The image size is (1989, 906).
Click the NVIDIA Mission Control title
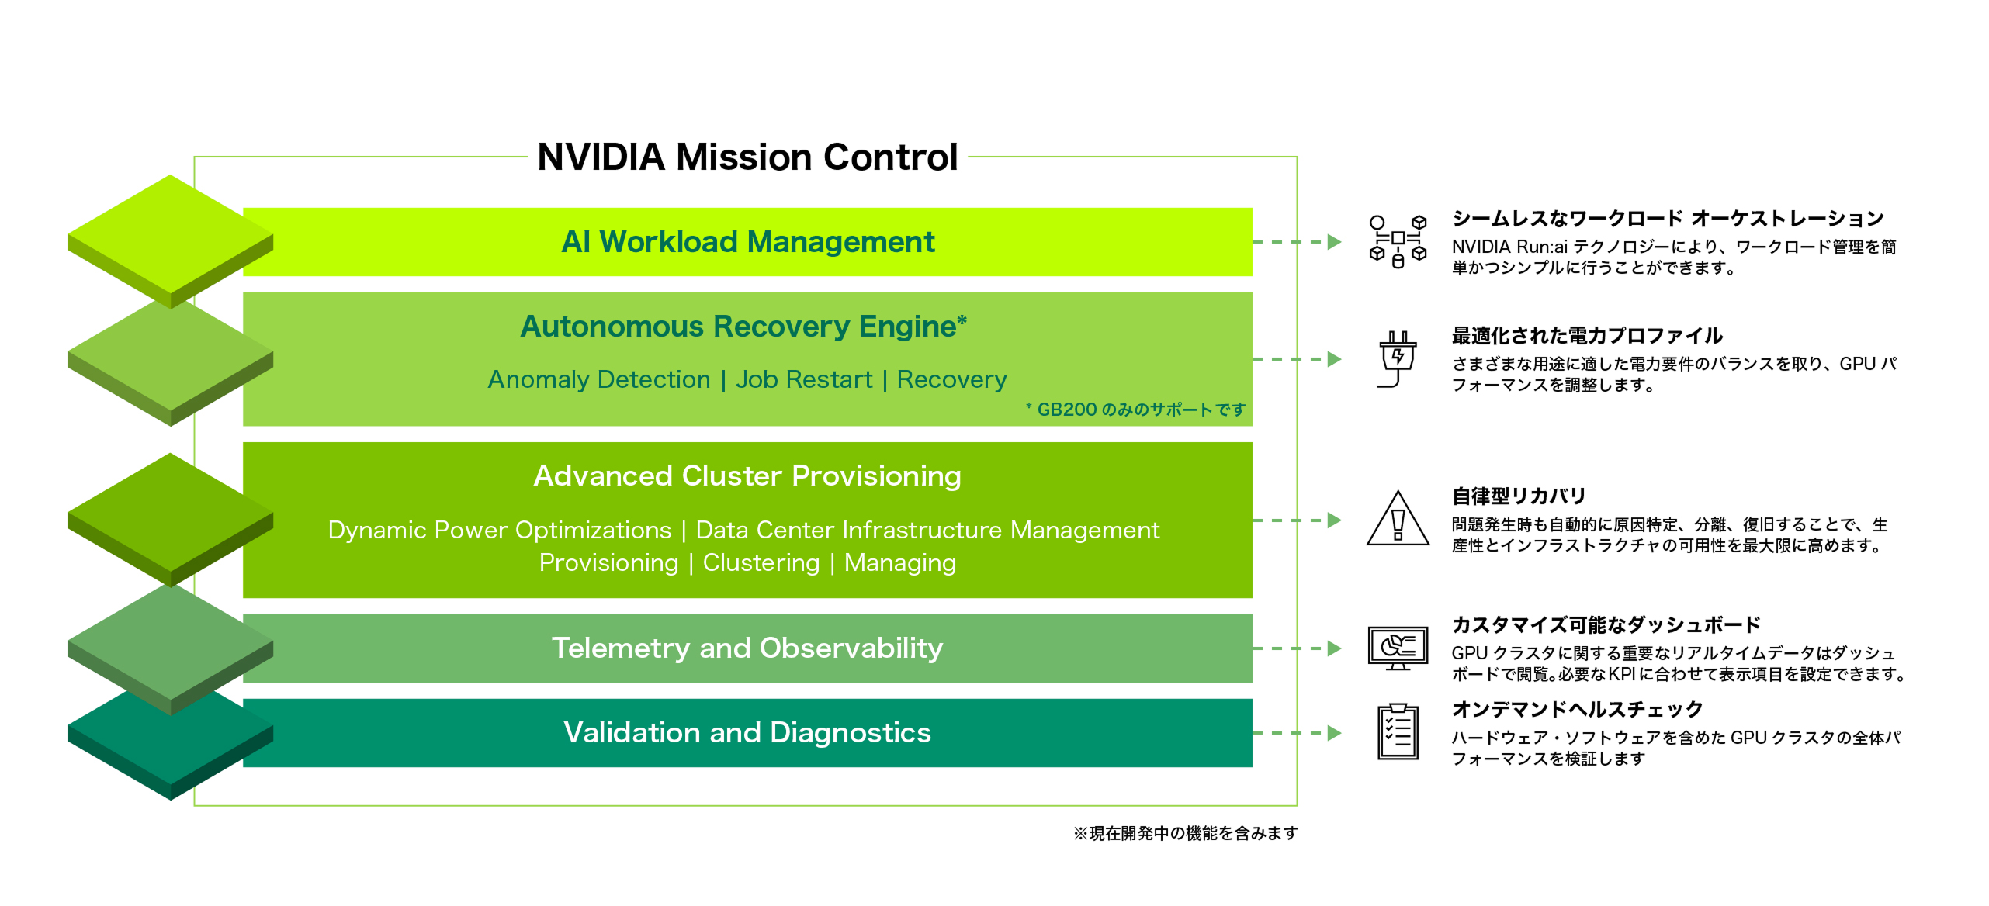747,157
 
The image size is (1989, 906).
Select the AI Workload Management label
747,242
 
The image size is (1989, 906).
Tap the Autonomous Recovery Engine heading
743,327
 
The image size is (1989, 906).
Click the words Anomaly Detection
598,379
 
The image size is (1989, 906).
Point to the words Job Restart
804,379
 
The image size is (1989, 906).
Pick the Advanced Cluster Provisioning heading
747,475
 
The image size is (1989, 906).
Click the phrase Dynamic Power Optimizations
499,530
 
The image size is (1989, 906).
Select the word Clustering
761,562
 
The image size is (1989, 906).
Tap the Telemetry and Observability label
747,648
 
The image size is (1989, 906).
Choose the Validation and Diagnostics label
747,732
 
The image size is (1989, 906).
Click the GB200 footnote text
1135,410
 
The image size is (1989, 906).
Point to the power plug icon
1398,359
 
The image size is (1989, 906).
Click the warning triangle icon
1398,520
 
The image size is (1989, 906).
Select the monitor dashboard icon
1398,648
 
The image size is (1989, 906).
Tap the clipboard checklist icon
1398,732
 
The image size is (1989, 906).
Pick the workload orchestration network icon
1398,241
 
